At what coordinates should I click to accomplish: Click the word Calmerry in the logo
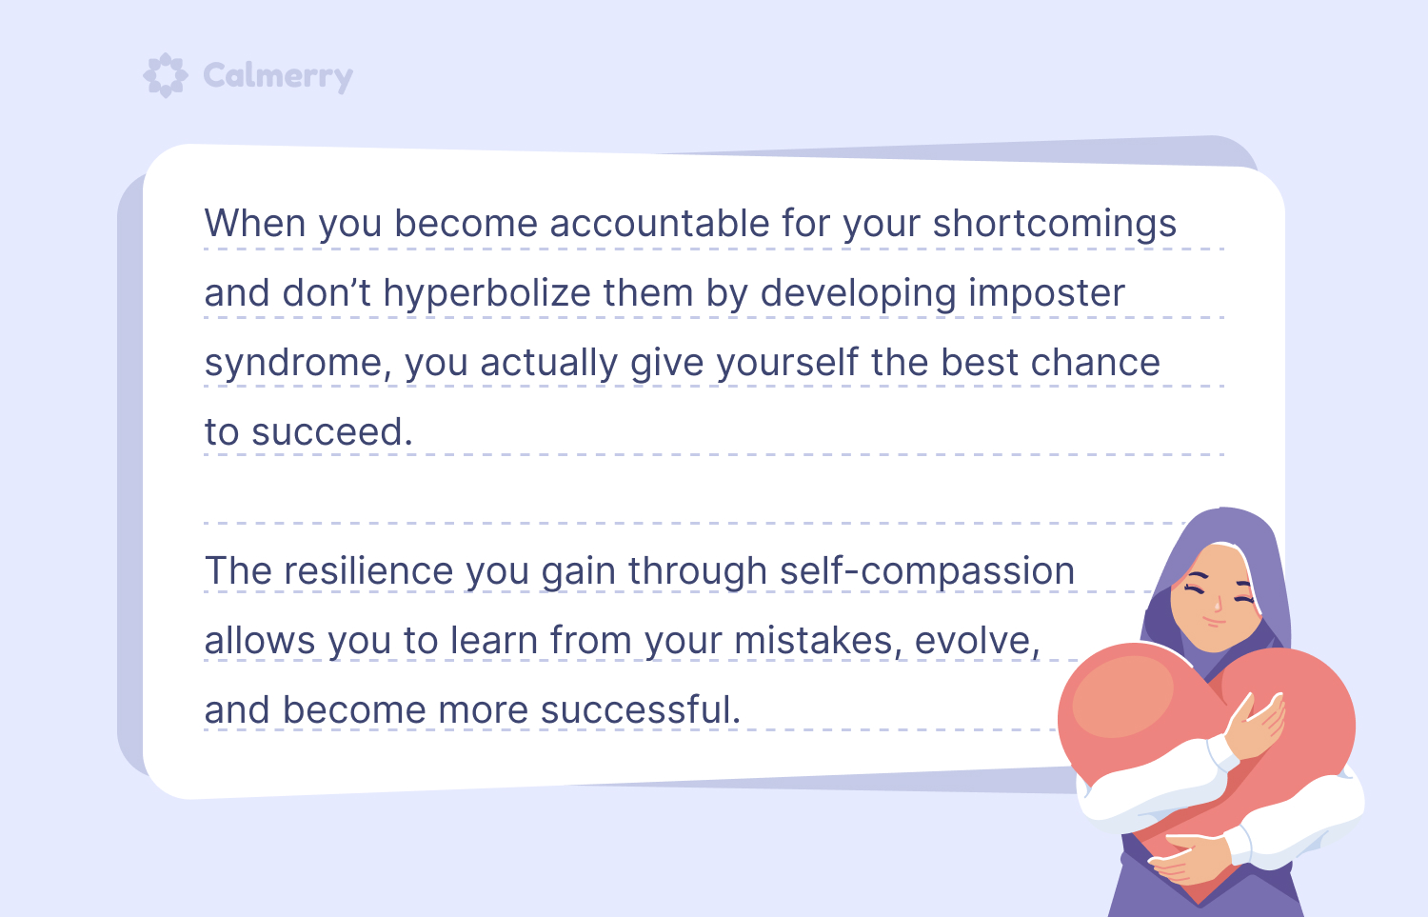click(x=278, y=76)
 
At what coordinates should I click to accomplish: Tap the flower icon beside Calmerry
click(x=166, y=75)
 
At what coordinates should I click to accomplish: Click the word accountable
click(x=660, y=223)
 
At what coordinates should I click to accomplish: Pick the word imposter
click(x=1047, y=294)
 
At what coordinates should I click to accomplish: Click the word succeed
click(x=332, y=431)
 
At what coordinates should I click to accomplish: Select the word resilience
click(x=368, y=570)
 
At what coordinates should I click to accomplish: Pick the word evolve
click(x=978, y=640)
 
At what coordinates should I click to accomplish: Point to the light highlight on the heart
click(x=1122, y=697)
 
